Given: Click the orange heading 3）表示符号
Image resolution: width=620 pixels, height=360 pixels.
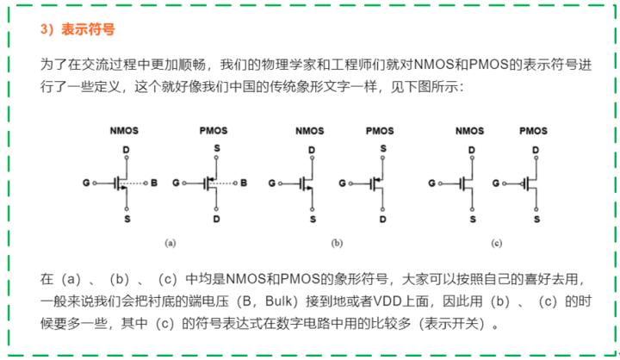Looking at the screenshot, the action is (77, 29).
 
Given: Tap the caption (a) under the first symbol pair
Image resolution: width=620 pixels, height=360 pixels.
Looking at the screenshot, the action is (170, 243).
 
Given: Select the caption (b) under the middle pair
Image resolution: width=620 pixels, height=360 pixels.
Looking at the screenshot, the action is (337, 243).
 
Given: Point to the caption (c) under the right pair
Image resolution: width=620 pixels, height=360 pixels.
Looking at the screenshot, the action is (497, 243).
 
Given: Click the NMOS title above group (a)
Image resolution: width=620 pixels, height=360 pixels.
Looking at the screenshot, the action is (124, 131).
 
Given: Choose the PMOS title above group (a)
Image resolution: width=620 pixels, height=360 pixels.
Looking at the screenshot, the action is (214, 131).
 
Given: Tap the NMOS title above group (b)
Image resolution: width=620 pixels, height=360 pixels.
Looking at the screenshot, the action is (310, 131).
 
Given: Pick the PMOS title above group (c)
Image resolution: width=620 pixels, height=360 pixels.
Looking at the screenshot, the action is (533, 131).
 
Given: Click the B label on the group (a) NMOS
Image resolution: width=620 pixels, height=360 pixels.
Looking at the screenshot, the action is (154, 183).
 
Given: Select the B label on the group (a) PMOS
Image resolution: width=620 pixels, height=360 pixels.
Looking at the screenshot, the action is (244, 183).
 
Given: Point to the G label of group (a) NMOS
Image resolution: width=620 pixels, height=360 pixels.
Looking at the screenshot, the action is (86, 183).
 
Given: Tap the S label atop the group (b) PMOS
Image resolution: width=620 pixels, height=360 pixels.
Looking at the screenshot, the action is (383, 149).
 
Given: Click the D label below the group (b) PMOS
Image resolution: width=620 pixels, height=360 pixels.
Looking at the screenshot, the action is (382, 219).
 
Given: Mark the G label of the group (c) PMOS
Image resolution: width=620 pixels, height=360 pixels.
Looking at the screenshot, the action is (496, 183).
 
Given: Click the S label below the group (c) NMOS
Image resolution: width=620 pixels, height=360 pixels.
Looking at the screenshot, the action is (473, 219).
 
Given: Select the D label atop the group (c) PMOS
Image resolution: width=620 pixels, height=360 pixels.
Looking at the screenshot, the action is (536, 150).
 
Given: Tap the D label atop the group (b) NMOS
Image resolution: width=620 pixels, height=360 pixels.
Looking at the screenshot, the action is (312, 150).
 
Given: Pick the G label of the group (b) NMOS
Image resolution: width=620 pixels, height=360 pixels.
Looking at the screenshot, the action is (272, 183).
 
